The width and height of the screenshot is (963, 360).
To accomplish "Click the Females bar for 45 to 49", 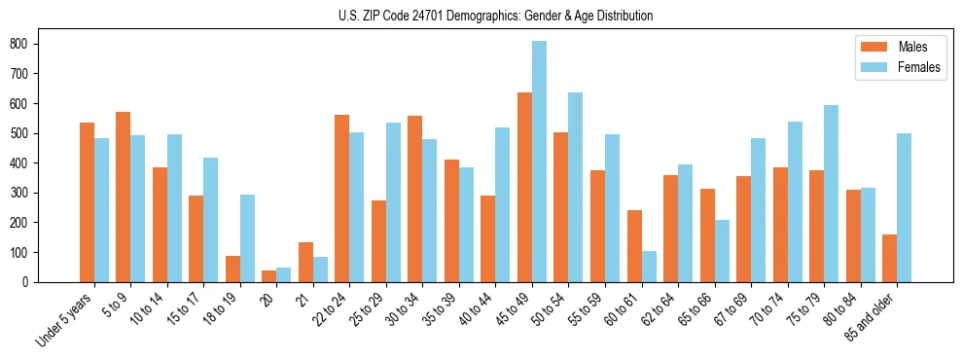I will tap(539, 162).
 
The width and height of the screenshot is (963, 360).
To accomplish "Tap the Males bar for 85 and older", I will tap(889, 258).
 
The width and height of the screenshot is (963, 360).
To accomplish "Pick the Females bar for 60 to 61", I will tap(649, 267).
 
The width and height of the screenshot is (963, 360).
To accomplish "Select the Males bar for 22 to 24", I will tap(342, 198).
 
